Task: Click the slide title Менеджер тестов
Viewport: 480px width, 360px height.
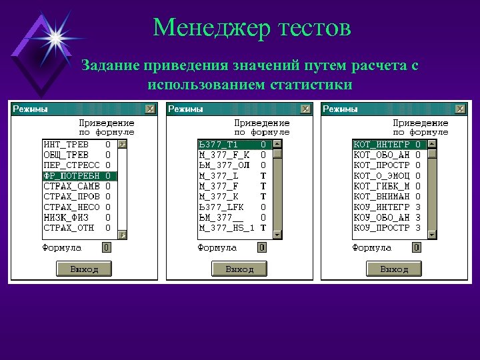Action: point(251,28)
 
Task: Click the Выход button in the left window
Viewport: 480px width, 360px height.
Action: point(83,269)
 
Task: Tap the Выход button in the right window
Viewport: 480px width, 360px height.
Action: point(394,269)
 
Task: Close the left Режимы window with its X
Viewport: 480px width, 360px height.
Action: point(150,109)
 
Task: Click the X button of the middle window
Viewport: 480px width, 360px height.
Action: point(305,109)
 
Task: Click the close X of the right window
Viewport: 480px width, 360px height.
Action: point(460,109)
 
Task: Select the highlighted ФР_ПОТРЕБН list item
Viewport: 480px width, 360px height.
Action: point(71,176)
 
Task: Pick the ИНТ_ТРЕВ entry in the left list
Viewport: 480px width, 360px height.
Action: point(66,144)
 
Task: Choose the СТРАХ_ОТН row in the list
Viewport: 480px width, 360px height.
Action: point(69,228)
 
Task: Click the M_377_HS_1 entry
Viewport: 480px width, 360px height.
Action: point(227,228)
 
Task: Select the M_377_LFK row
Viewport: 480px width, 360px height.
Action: point(223,207)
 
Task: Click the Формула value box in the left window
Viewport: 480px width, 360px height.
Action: point(107,247)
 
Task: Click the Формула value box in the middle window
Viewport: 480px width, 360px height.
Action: point(262,247)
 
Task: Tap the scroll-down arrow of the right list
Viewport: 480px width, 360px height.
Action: point(432,234)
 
